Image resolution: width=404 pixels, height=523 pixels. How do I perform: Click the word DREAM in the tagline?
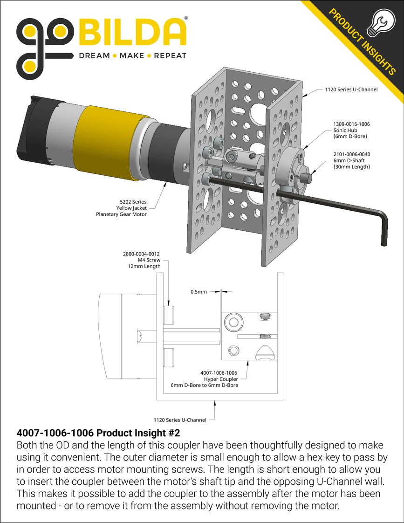pos(94,56)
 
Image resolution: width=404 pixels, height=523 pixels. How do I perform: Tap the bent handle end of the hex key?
pos(383,228)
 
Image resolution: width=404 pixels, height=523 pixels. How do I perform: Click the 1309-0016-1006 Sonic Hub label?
pos(351,131)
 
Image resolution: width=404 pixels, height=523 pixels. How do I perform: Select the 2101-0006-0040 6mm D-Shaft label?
pos(352,160)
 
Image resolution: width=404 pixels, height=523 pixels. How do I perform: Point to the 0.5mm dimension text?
pos(199,292)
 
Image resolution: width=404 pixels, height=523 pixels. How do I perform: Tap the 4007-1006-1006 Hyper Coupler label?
pos(219,379)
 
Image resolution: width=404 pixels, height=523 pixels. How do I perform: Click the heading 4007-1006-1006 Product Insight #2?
pos(98,433)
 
